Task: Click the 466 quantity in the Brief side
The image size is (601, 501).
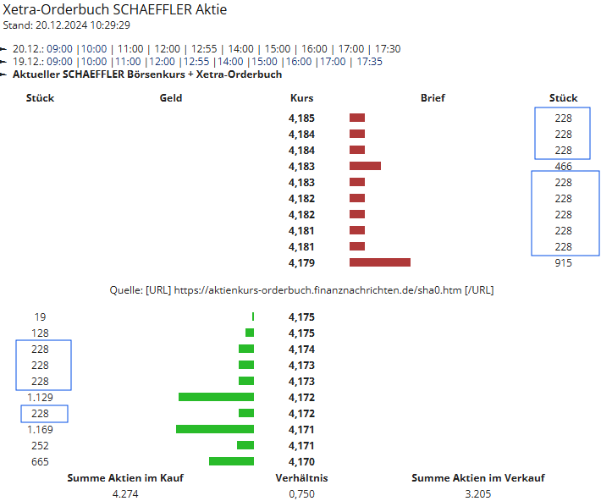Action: (x=563, y=167)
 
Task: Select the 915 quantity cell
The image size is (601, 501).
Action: (x=563, y=263)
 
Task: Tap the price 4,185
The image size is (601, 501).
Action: (x=301, y=118)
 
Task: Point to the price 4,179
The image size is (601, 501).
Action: (x=301, y=263)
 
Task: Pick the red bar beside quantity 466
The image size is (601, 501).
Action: (x=365, y=166)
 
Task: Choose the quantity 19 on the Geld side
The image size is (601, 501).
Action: (x=41, y=317)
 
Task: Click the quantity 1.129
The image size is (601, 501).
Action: (x=40, y=398)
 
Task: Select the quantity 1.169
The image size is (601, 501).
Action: (x=40, y=430)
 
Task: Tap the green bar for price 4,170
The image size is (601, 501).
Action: (x=231, y=461)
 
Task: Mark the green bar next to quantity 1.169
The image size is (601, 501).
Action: (x=215, y=429)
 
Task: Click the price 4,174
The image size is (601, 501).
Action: (x=301, y=350)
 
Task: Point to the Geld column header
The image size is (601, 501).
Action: (x=170, y=98)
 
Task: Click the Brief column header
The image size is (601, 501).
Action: (x=433, y=98)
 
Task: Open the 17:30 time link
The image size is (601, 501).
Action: (x=386, y=49)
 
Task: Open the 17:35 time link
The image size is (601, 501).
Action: (x=369, y=62)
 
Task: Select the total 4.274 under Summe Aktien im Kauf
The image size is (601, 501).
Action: (x=125, y=493)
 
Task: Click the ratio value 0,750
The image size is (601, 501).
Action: (x=301, y=493)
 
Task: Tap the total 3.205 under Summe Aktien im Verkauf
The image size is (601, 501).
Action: (x=478, y=493)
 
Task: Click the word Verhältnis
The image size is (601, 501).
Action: (x=301, y=478)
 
